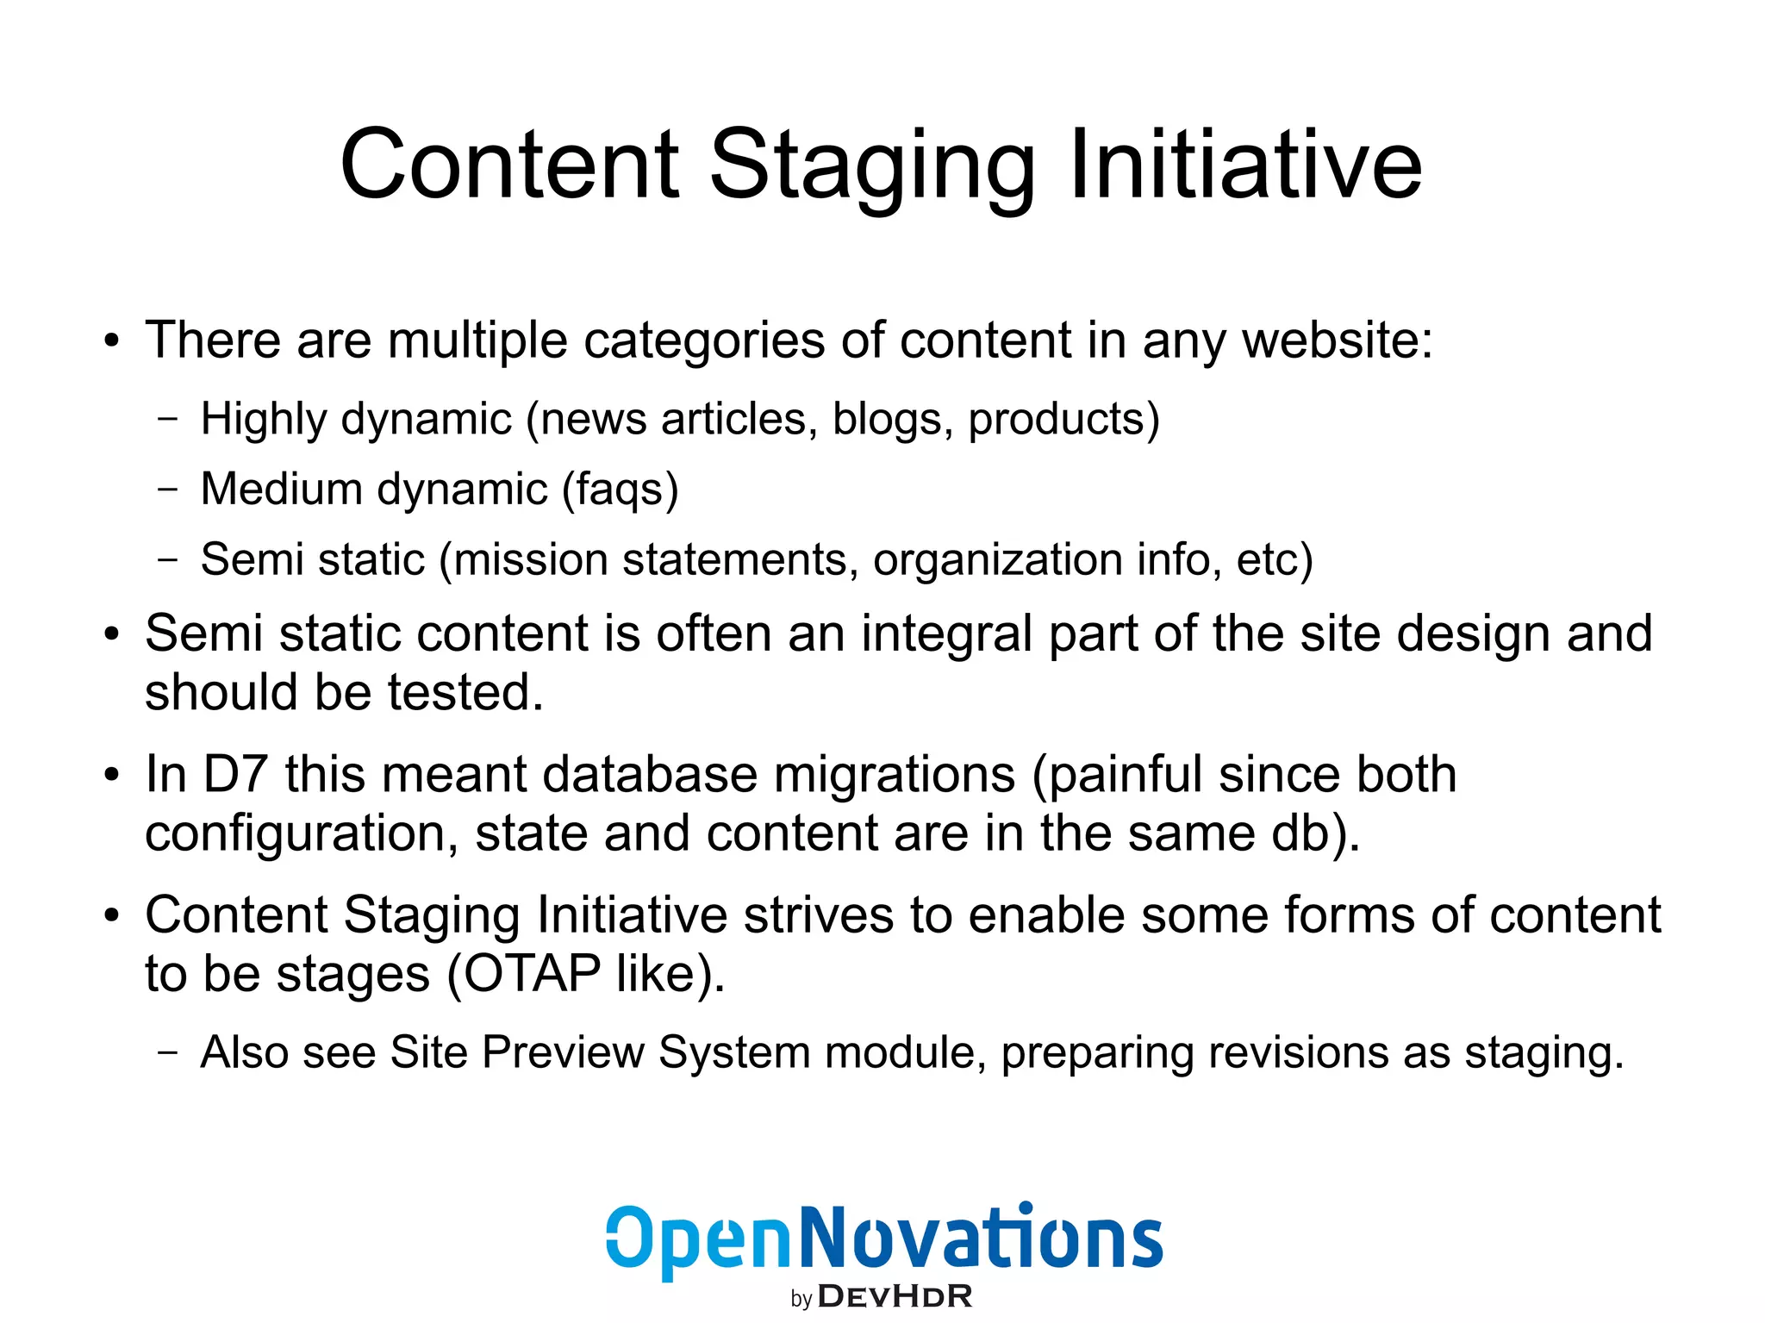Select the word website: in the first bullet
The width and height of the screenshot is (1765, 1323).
pyautogui.click(x=1338, y=340)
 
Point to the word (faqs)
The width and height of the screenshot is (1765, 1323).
pyautogui.click(x=621, y=490)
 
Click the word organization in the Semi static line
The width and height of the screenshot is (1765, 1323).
pyautogui.click(x=997, y=560)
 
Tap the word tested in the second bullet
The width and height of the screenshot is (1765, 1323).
pyautogui.click(x=465, y=692)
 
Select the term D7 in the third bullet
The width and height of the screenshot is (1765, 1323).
pyautogui.click(x=234, y=774)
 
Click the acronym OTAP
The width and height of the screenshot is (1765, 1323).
pyautogui.click(x=524, y=974)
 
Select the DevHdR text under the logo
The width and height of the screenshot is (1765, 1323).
pyautogui.click(x=895, y=1296)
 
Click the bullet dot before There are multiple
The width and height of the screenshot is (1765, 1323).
pyautogui.click(x=110, y=341)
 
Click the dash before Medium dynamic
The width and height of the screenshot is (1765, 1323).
pyautogui.click(x=168, y=490)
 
